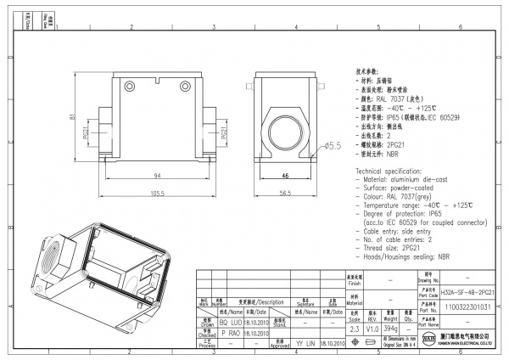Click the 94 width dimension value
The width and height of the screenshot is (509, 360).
coord(158,174)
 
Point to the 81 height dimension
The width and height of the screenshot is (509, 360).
coord(73,118)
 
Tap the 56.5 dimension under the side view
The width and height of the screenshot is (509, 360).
coord(286,193)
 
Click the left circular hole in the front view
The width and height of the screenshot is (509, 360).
coord(130,84)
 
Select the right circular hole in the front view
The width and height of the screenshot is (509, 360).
coord(186,84)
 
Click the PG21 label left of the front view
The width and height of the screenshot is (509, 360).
coord(86,133)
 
